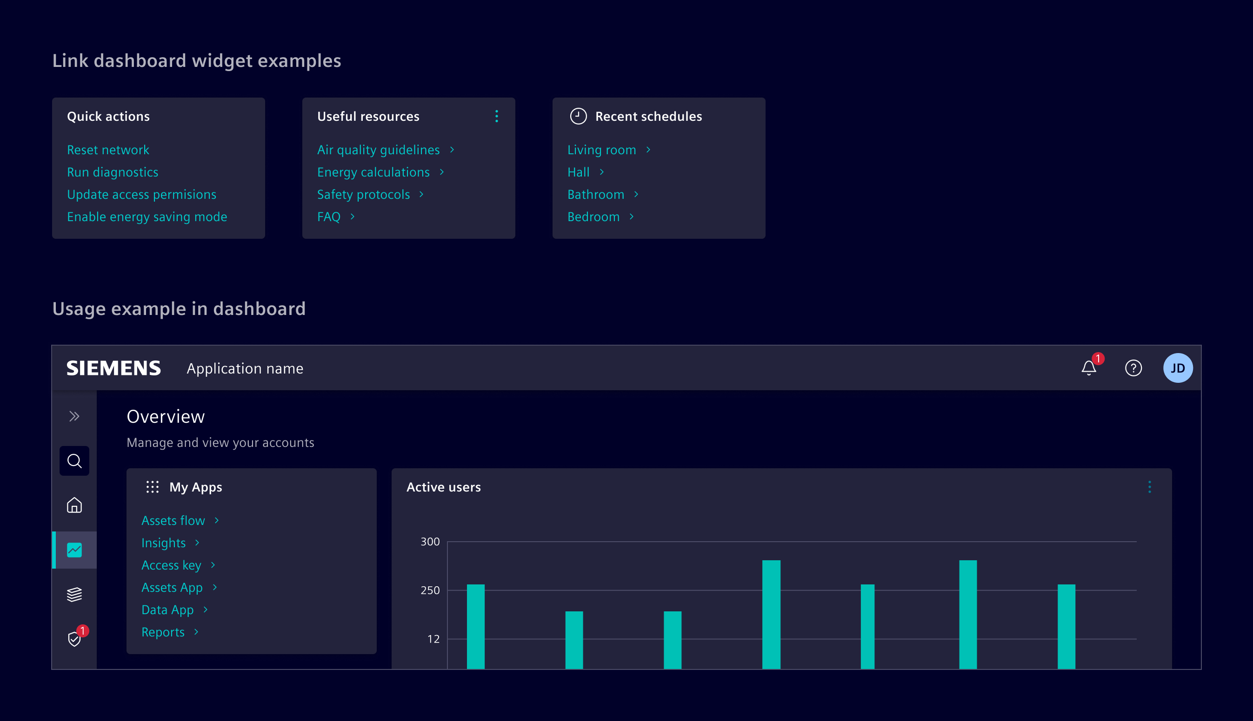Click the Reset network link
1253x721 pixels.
click(108, 150)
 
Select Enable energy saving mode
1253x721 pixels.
click(147, 216)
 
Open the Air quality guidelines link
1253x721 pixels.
click(378, 150)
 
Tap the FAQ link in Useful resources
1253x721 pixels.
click(329, 216)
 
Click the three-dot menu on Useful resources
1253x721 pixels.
click(496, 116)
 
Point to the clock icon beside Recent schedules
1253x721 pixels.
click(578, 116)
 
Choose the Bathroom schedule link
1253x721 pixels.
click(596, 194)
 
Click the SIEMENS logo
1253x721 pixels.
click(113, 368)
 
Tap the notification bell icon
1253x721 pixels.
click(1088, 368)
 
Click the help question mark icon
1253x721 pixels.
click(1133, 368)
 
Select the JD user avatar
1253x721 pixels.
click(1178, 368)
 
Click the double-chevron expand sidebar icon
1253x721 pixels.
click(74, 416)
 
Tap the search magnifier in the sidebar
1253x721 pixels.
click(74, 460)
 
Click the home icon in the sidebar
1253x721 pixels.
click(74, 505)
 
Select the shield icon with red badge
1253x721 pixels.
click(74, 639)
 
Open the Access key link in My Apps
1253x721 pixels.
click(171, 565)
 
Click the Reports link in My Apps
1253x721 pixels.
click(163, 632)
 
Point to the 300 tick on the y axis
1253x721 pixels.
click(430, 541)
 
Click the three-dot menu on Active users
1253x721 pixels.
click(1149, 487)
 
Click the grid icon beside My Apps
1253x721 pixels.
click(152, 487)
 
